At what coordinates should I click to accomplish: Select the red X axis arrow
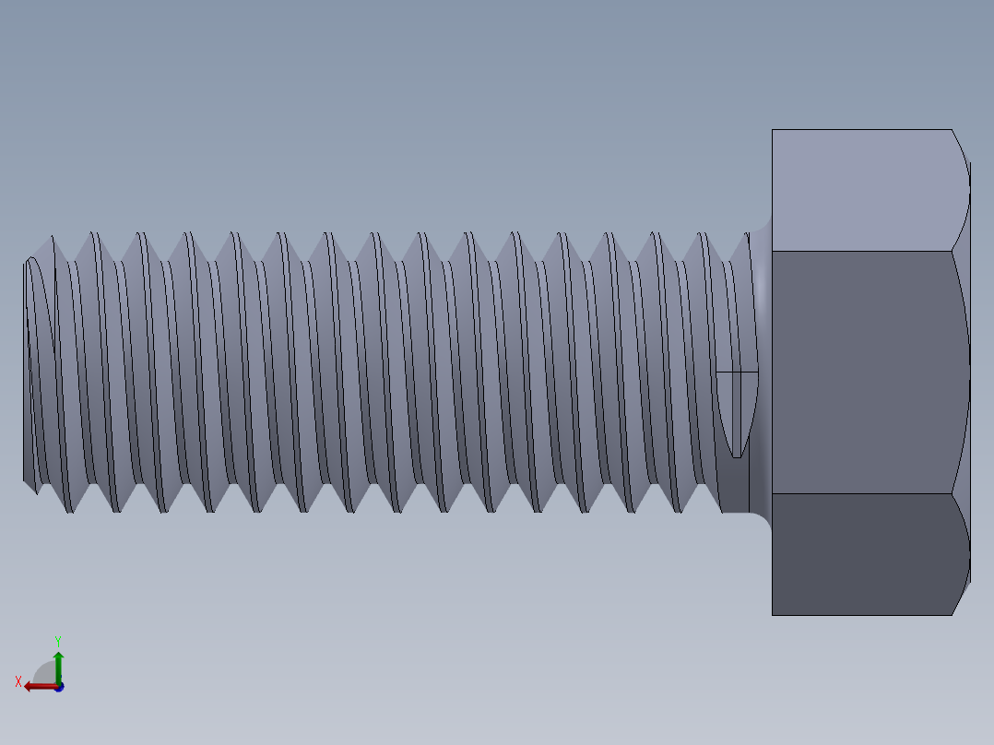pos(37,686)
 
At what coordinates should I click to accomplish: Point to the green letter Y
pos(57,640)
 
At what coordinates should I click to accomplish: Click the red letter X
pos(18,682)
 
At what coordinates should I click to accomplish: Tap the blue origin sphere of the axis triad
pos(59,687)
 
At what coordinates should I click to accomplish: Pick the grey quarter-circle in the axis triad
pos(46,673)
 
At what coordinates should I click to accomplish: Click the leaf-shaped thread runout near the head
pos(737,410)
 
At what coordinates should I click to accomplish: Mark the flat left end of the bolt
pos(26,369)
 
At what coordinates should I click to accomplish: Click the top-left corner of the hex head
pos(773,130)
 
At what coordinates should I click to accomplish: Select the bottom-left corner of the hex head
pos(773,615)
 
